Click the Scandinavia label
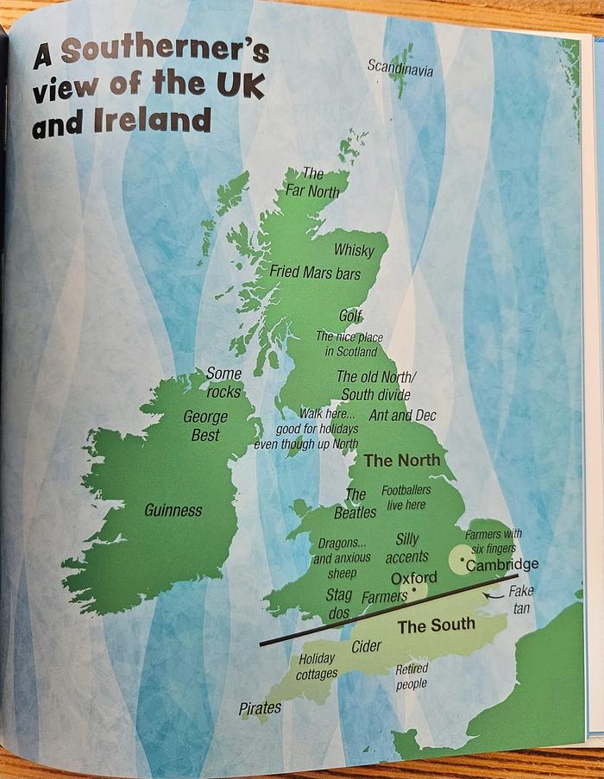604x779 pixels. [400, 66]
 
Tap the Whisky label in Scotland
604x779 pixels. [354, 250]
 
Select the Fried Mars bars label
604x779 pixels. [315, 272]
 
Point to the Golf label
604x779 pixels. [350, 315]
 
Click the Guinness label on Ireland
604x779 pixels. [173, 511]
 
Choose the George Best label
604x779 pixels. [205, 426]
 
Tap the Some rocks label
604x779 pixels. [223, 382]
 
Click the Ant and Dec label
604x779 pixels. [402, 416]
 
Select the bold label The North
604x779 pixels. [401, 461]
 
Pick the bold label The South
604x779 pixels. [436, 626]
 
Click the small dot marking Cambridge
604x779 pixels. [463, 563]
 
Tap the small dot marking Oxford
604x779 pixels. [415, 591]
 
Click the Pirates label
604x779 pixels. [261, 708]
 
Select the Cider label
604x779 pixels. [367, 646]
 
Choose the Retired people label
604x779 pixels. [412, 676]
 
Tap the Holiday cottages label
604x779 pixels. [317, 667]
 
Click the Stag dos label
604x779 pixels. [338, 604]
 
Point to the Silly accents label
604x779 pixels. [406, 548]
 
